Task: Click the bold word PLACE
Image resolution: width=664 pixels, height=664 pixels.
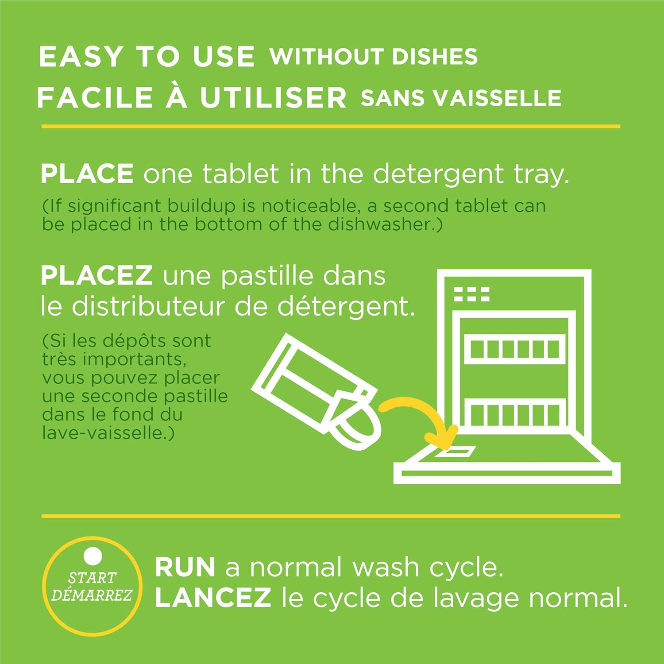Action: click(87, 173)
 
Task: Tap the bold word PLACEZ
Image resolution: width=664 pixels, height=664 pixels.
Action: click(97, 275)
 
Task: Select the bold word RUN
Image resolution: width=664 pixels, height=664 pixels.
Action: click(185, 567)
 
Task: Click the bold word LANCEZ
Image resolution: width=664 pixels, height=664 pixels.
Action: click(213, 598)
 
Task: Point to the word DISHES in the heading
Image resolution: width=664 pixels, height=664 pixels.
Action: click(435, 57)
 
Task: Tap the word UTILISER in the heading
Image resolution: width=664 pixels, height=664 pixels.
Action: click(273, 97)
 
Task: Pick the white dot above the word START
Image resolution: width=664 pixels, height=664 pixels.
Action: click(93, 556)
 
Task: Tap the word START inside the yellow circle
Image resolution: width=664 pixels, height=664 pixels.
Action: click(92, 578)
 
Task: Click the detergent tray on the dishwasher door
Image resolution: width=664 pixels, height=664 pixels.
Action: click(456, 452)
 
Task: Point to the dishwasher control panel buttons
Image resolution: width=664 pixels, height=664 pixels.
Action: click(472, 293)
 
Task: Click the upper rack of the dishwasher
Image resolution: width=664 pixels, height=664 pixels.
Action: click(515, 349)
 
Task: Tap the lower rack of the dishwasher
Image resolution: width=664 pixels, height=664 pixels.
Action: click(515, 413)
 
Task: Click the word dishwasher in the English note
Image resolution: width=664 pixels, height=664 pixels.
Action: click(379, 224)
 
